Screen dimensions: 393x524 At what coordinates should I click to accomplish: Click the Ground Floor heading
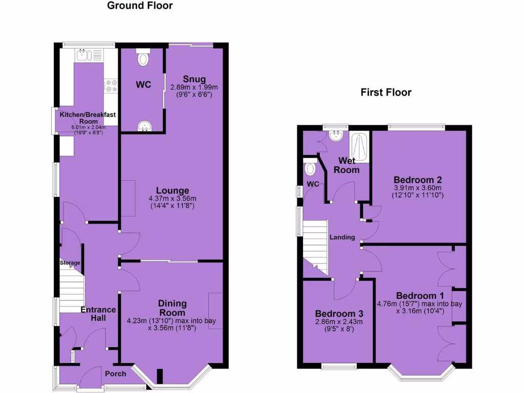[x=140, y=6]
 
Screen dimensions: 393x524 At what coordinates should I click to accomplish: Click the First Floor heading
[x=386, y=93]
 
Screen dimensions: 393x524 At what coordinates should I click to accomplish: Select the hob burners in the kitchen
[x=111, y=86]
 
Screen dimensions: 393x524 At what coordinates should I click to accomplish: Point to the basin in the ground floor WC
[x=143, y=125]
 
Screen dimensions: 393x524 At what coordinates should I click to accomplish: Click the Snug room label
[x=194, y=79]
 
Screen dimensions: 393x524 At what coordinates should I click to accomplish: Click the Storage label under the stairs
[x=70, y=263]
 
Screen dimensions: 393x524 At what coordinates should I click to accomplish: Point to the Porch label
[x=115, y=374]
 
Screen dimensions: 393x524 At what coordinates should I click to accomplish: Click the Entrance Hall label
[x=98, y=314]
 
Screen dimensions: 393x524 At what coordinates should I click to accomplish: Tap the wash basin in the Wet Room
[x=336, y=136]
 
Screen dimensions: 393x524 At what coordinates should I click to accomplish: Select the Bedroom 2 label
[x=418, y=180]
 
